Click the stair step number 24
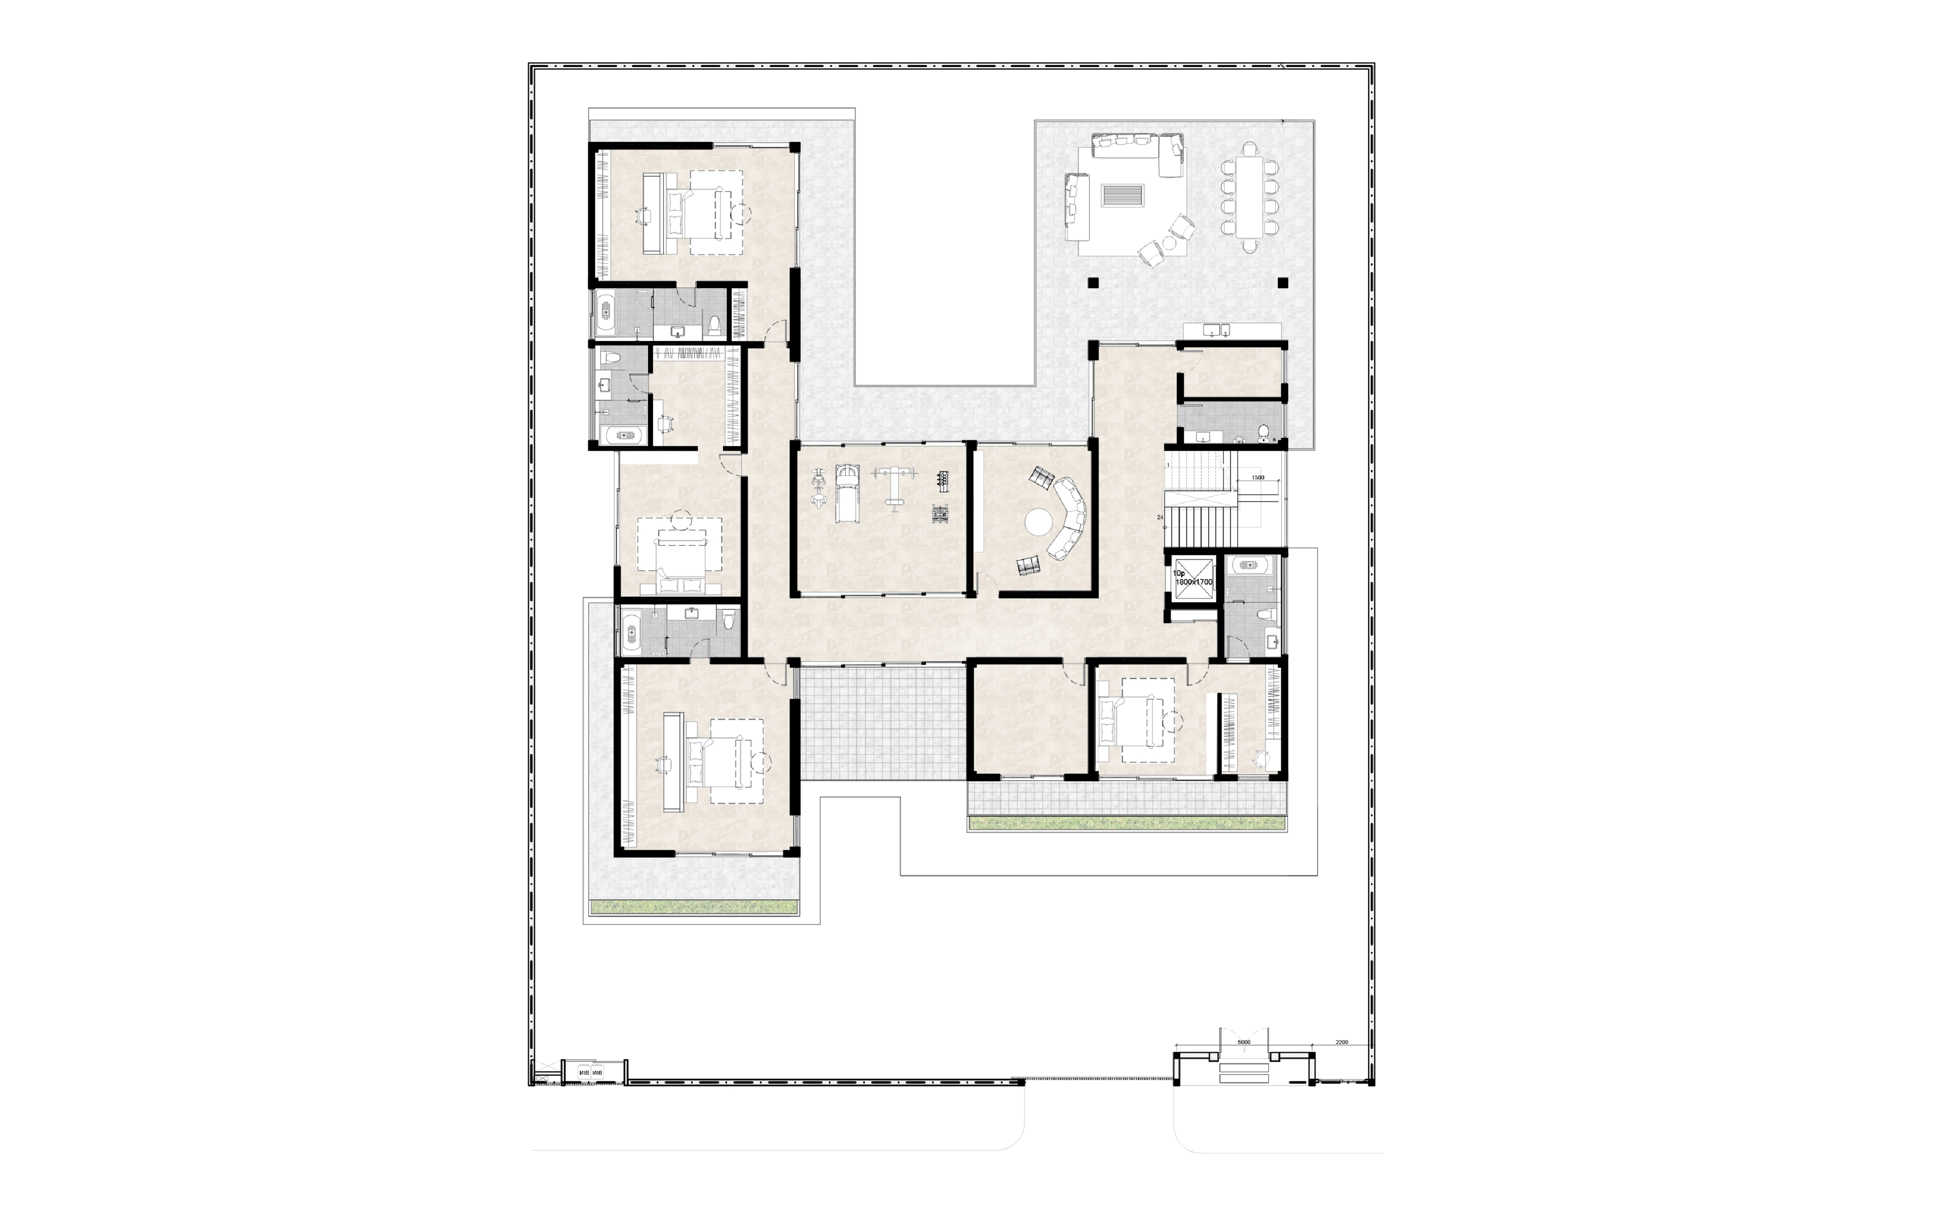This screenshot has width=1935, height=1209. click(x=1159, y=517)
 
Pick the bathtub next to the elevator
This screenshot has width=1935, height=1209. click(x=1248, y=565)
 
